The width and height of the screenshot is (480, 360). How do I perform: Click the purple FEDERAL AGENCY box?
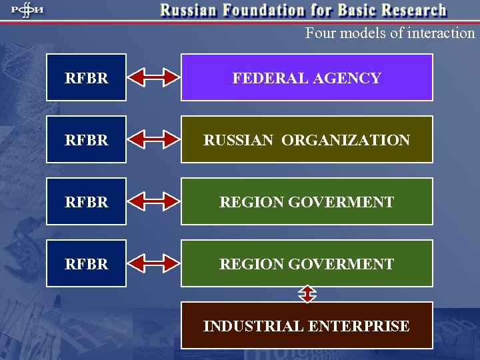[x=307, y=77]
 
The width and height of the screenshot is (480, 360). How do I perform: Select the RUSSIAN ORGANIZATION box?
[x=307, y=139]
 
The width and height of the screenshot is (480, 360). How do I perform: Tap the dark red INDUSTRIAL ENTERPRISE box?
[x=307, y=325]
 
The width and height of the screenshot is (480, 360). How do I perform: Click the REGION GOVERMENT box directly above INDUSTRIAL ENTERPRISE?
[x=307, y=263]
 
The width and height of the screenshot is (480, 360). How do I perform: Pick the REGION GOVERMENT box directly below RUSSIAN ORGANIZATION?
[x=307, y=201]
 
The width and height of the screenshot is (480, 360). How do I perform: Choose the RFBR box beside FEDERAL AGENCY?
[x=86, y=77]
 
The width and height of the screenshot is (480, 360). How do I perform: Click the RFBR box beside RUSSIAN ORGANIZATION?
[x=86, y=139]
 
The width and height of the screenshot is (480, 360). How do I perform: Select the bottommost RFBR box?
[x=86, y=263]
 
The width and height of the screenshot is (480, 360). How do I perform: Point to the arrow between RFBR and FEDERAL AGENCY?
[x=154, y=77]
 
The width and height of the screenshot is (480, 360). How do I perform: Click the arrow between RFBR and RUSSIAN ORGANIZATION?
[x=154, y=139]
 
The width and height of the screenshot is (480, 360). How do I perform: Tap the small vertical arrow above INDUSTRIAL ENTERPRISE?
[x=307, y=294]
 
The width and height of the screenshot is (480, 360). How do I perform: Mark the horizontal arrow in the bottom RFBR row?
[x=154, y=263]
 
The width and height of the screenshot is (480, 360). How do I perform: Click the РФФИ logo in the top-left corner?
[x=24, y=11]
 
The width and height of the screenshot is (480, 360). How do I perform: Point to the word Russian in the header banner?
[x=187, y=11]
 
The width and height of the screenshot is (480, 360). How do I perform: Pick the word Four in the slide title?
[x=319, y=33]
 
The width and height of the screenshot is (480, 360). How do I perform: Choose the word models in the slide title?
[x=357, y=33]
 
